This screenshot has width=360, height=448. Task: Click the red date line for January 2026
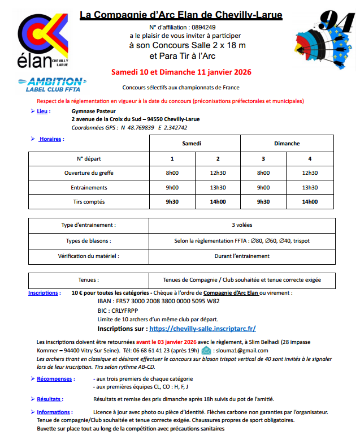point(181,72)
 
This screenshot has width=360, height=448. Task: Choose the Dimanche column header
point(287,143)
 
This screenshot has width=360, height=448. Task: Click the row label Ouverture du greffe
point(89,173)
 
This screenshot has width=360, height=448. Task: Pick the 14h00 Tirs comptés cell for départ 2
point(218,202)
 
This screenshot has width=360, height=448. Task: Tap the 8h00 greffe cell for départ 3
point(263,173)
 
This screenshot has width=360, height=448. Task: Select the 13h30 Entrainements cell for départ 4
point(310,187)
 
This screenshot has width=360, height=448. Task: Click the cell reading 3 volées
point(241,225)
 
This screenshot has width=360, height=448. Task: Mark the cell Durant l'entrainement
point(241,256)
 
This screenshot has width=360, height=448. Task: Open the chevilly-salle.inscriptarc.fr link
point(202,328)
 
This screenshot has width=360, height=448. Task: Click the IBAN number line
point(159,301)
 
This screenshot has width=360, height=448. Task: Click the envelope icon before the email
point(206,350)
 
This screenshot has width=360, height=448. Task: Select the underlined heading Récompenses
point(54,379)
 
